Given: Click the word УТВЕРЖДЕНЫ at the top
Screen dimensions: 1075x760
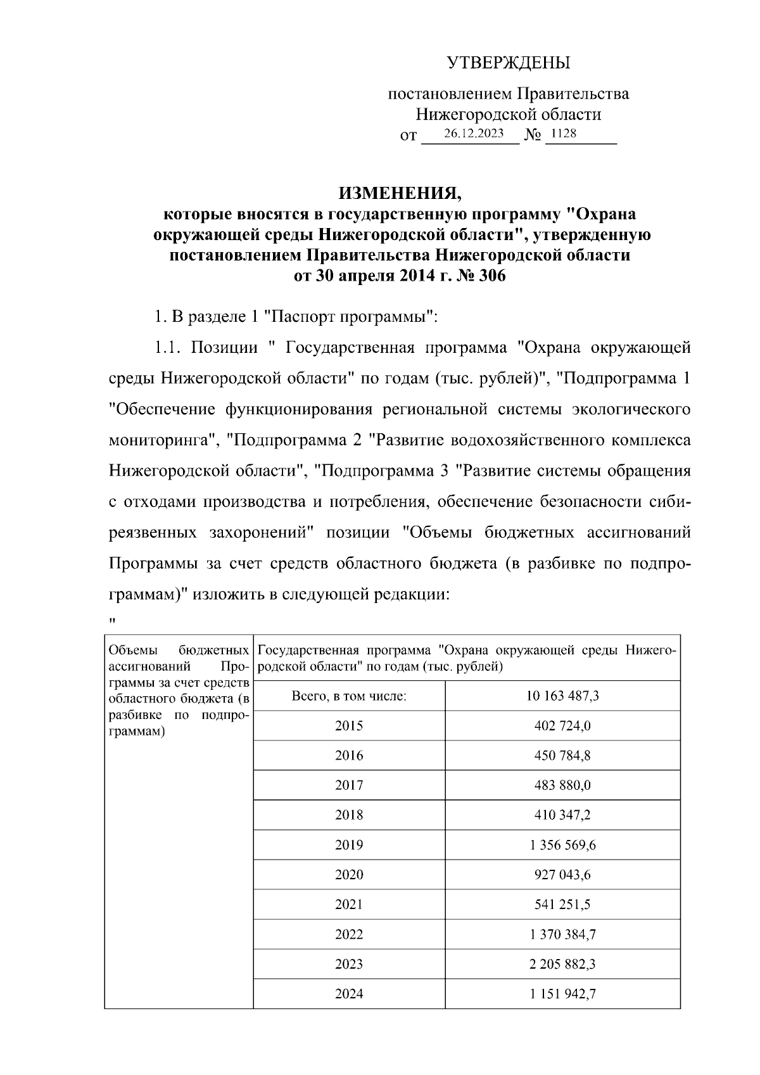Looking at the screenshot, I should pos(509,63).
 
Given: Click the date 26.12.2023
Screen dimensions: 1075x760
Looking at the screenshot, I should pos(474,134).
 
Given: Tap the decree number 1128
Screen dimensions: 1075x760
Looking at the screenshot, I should pos(564,134).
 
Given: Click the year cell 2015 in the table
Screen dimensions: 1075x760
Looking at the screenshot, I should pos(349,726).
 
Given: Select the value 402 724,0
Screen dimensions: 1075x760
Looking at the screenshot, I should pos(562,726).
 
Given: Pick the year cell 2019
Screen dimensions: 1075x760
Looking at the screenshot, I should pos(349,845).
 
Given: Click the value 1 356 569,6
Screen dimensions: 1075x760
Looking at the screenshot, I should pos(562,845).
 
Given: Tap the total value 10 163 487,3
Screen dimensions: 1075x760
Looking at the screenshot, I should pos(562,696).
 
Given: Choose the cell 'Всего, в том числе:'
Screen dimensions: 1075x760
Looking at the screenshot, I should pos(349,696).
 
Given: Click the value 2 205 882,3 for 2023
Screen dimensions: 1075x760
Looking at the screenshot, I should pos(562,964).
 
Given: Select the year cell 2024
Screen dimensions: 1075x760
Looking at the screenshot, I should pos(349,994).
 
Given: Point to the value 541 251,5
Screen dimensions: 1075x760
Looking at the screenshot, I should pos(562,905).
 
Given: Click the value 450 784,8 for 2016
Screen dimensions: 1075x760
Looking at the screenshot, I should pos(562,756).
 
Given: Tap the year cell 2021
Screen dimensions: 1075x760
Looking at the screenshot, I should pos(349,905).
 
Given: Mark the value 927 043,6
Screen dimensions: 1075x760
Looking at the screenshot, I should pos(562,875).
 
